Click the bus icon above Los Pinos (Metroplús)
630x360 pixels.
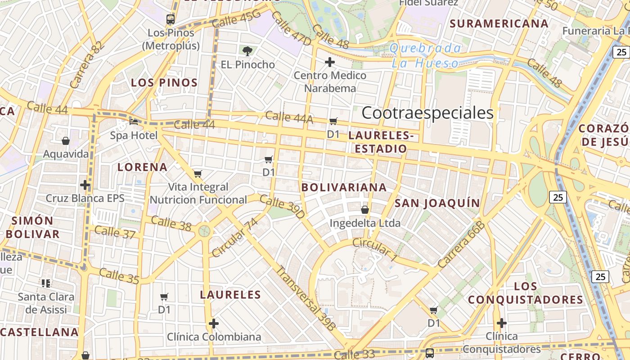pyautogui.click(x=171, y=19)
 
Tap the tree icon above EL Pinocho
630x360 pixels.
pyautogui.click(x=247, y=51)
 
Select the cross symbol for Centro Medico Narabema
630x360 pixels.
pyautogui.click(x=330, y=62)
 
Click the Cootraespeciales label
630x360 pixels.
pyautogui.click(x=427, y=112)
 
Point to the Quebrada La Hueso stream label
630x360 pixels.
pyautogui.click(x=425, y=55)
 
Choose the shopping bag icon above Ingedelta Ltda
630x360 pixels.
pyautogui.click(x=365, y=210)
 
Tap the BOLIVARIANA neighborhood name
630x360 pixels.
pyautogui.click(x=344, y=187)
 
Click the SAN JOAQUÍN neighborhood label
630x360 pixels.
pyautogui.click(x=437, y=203)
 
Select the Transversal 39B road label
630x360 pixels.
pyautogui.click(x=306, y=298)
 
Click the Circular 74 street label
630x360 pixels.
pyautogui.click(x=235, y=238)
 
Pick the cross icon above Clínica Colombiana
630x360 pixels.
pyautogui.click(x=214, y=324)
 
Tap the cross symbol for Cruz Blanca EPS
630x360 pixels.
pyautogui.click(x=85, y=185)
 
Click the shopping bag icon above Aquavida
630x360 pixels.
pyautogui.click(x=66, y=141)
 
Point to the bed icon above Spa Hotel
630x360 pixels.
pyautogui.click(x=134, y=121)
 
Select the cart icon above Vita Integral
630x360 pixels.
pyautogui.click(x=198, y=174)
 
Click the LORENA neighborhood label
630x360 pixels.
pyautogui.click(x=142, y=167)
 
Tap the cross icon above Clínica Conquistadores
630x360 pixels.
pyautogui.click(x=502, y=323)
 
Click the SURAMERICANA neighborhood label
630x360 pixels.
pyautogui.click(x=499, y=23)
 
